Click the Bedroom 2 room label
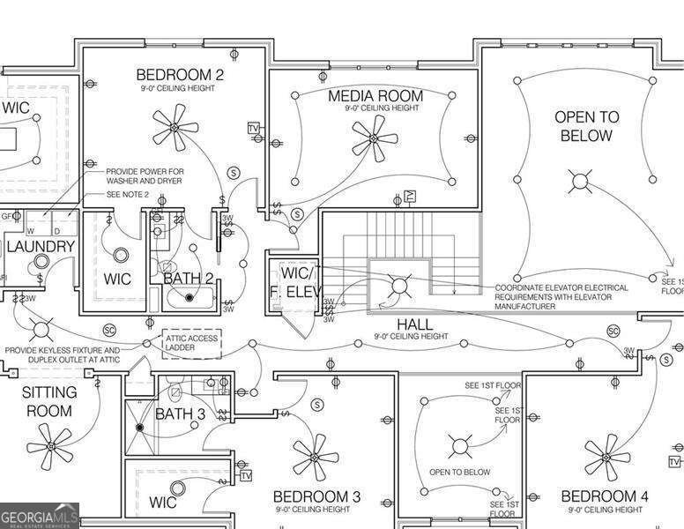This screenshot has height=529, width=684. (180, 75)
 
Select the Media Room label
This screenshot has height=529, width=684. (375, 95)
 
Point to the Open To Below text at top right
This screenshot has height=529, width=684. (586, 126)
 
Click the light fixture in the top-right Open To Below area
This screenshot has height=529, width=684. (580, 183)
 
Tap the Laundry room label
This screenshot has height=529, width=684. (40, 246)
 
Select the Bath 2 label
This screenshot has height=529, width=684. (189, 279)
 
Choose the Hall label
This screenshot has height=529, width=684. (414, 324)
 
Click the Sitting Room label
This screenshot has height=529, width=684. (49, 401)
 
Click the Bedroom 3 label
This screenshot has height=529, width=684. (316, 496)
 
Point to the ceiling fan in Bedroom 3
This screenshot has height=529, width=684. (315, 456)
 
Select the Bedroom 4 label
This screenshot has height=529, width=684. (605, 496)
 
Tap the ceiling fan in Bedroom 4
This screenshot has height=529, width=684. (606, 456)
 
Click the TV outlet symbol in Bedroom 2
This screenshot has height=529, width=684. (254, 129)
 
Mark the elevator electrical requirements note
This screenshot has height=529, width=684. (561, 296)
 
